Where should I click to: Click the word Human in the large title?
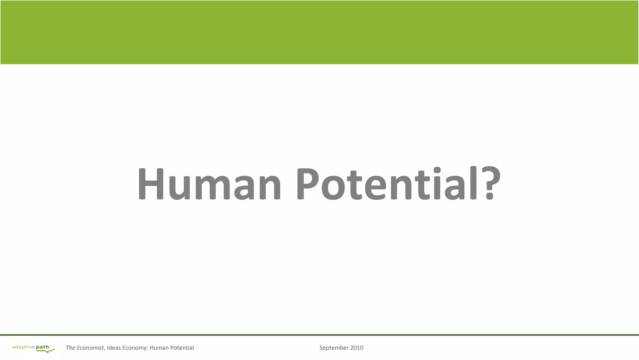point(209,184)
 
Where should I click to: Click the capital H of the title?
point(151,184)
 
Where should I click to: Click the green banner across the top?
point(319,32)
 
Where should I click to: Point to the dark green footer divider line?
point(319,335)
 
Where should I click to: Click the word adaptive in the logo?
point(23,347)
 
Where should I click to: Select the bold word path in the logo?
point(42,347)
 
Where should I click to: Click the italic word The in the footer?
point(71,348)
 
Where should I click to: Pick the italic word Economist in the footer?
point(90,348)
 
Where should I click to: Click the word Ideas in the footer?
point(114,348)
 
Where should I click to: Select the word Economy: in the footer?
point(135,348)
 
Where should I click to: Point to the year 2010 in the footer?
point(357,348)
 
